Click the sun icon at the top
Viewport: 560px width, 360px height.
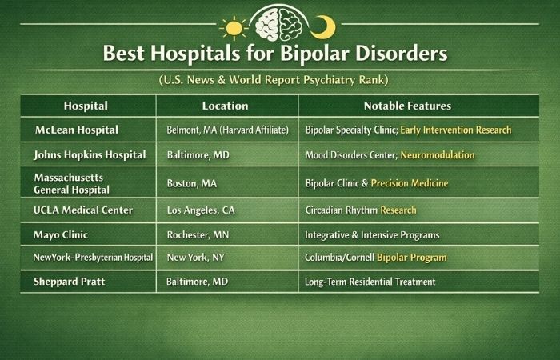point(235,28)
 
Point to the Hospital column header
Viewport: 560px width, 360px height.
point(86,106)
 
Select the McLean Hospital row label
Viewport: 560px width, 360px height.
point(77,129)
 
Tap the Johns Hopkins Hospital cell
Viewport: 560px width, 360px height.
point(90,154)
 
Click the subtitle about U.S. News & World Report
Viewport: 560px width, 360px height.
point(279,80)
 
